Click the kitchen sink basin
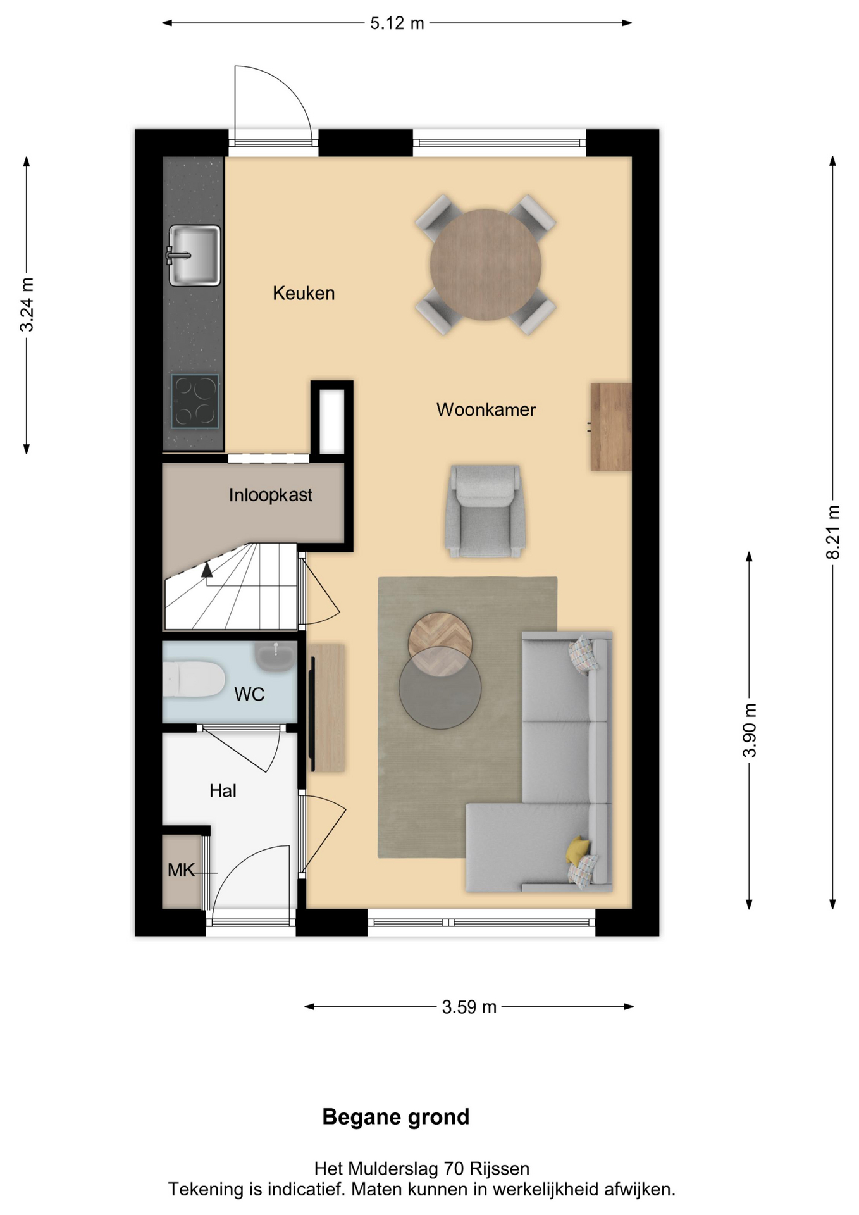point(194,255)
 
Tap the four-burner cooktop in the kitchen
point(195,402)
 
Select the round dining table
point(486,265)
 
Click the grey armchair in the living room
point(485,511)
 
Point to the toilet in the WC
point(193,679)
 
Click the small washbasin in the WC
point(275,656)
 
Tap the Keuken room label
point(304,293)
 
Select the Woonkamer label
point(486,409)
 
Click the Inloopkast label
point(271,495)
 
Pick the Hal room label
point(223,790)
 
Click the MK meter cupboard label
point(181,870)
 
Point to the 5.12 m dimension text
point(397,23)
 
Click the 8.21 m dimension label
point(833,532)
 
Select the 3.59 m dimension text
point(469,1007)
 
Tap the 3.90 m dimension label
point(750,730)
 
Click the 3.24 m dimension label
point(27,304)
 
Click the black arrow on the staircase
point(207,570)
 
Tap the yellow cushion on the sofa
point(578,849)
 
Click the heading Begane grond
point(396,1117)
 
